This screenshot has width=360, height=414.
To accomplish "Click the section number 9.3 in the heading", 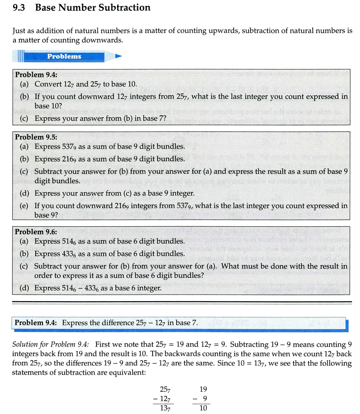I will click(x=19, y=7).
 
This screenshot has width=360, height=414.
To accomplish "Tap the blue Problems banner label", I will click(x=64, y=56).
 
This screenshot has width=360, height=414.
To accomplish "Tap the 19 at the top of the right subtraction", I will click(x=203, y=389).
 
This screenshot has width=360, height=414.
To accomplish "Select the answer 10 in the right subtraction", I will click(x=203, y=408).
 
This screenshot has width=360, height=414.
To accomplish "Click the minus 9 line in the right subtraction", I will click(x=202, y=399).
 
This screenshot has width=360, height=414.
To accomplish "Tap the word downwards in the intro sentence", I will click(x=105, y=40).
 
